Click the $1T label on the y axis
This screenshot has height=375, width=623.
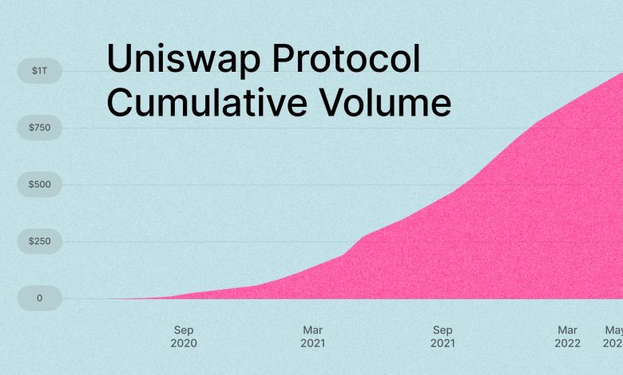point(39,71)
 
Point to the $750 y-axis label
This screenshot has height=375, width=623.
point(39,128)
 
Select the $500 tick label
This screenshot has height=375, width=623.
point(39,184)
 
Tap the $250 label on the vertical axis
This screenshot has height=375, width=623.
point(39,241)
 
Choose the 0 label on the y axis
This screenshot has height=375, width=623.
point(39,298)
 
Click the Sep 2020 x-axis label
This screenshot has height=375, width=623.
point(183,337)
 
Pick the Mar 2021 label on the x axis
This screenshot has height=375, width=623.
point(312,337)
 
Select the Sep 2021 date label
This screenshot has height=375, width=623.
point(442,337)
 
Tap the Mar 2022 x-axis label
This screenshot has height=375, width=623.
point(568,337)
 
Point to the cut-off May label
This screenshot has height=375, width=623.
point(612,330)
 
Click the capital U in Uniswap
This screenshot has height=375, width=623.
point(120,61)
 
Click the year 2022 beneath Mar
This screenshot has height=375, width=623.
point(568,344)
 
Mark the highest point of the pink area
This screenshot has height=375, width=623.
point(621,73)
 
